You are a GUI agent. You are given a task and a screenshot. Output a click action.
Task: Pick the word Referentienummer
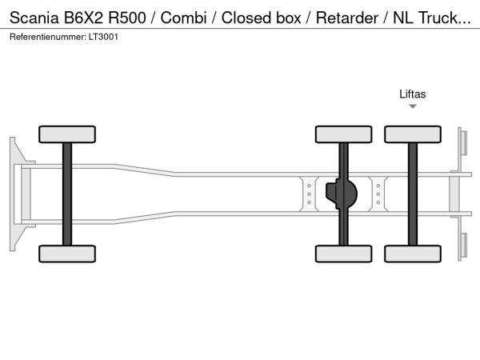[x=47, y=37]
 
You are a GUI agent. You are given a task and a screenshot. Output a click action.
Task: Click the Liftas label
[x=413, y=94]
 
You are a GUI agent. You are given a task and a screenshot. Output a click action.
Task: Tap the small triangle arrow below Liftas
[x=413, y=106]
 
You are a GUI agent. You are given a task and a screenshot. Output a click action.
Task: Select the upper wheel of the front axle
[x=66, y=134]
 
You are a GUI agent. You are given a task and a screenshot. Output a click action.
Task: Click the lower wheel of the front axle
[x=66, y=254]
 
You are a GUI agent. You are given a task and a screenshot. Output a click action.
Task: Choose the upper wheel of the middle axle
[x=343, y=134]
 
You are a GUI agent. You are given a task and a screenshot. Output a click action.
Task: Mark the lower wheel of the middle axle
[x=343, y=254]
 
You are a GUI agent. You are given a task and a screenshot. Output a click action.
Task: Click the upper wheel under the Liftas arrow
[x=413, y=134]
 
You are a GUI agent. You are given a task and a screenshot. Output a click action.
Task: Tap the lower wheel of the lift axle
[x=413, y=254]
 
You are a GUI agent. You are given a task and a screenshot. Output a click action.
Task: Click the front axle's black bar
[x=66, y=194]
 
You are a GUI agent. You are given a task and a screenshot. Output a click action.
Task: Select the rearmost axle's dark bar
[x=413, y=194]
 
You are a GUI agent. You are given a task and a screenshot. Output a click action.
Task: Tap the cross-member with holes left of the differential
[x=308, y=194]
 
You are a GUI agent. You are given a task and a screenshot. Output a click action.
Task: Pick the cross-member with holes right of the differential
[x=378, y=194]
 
